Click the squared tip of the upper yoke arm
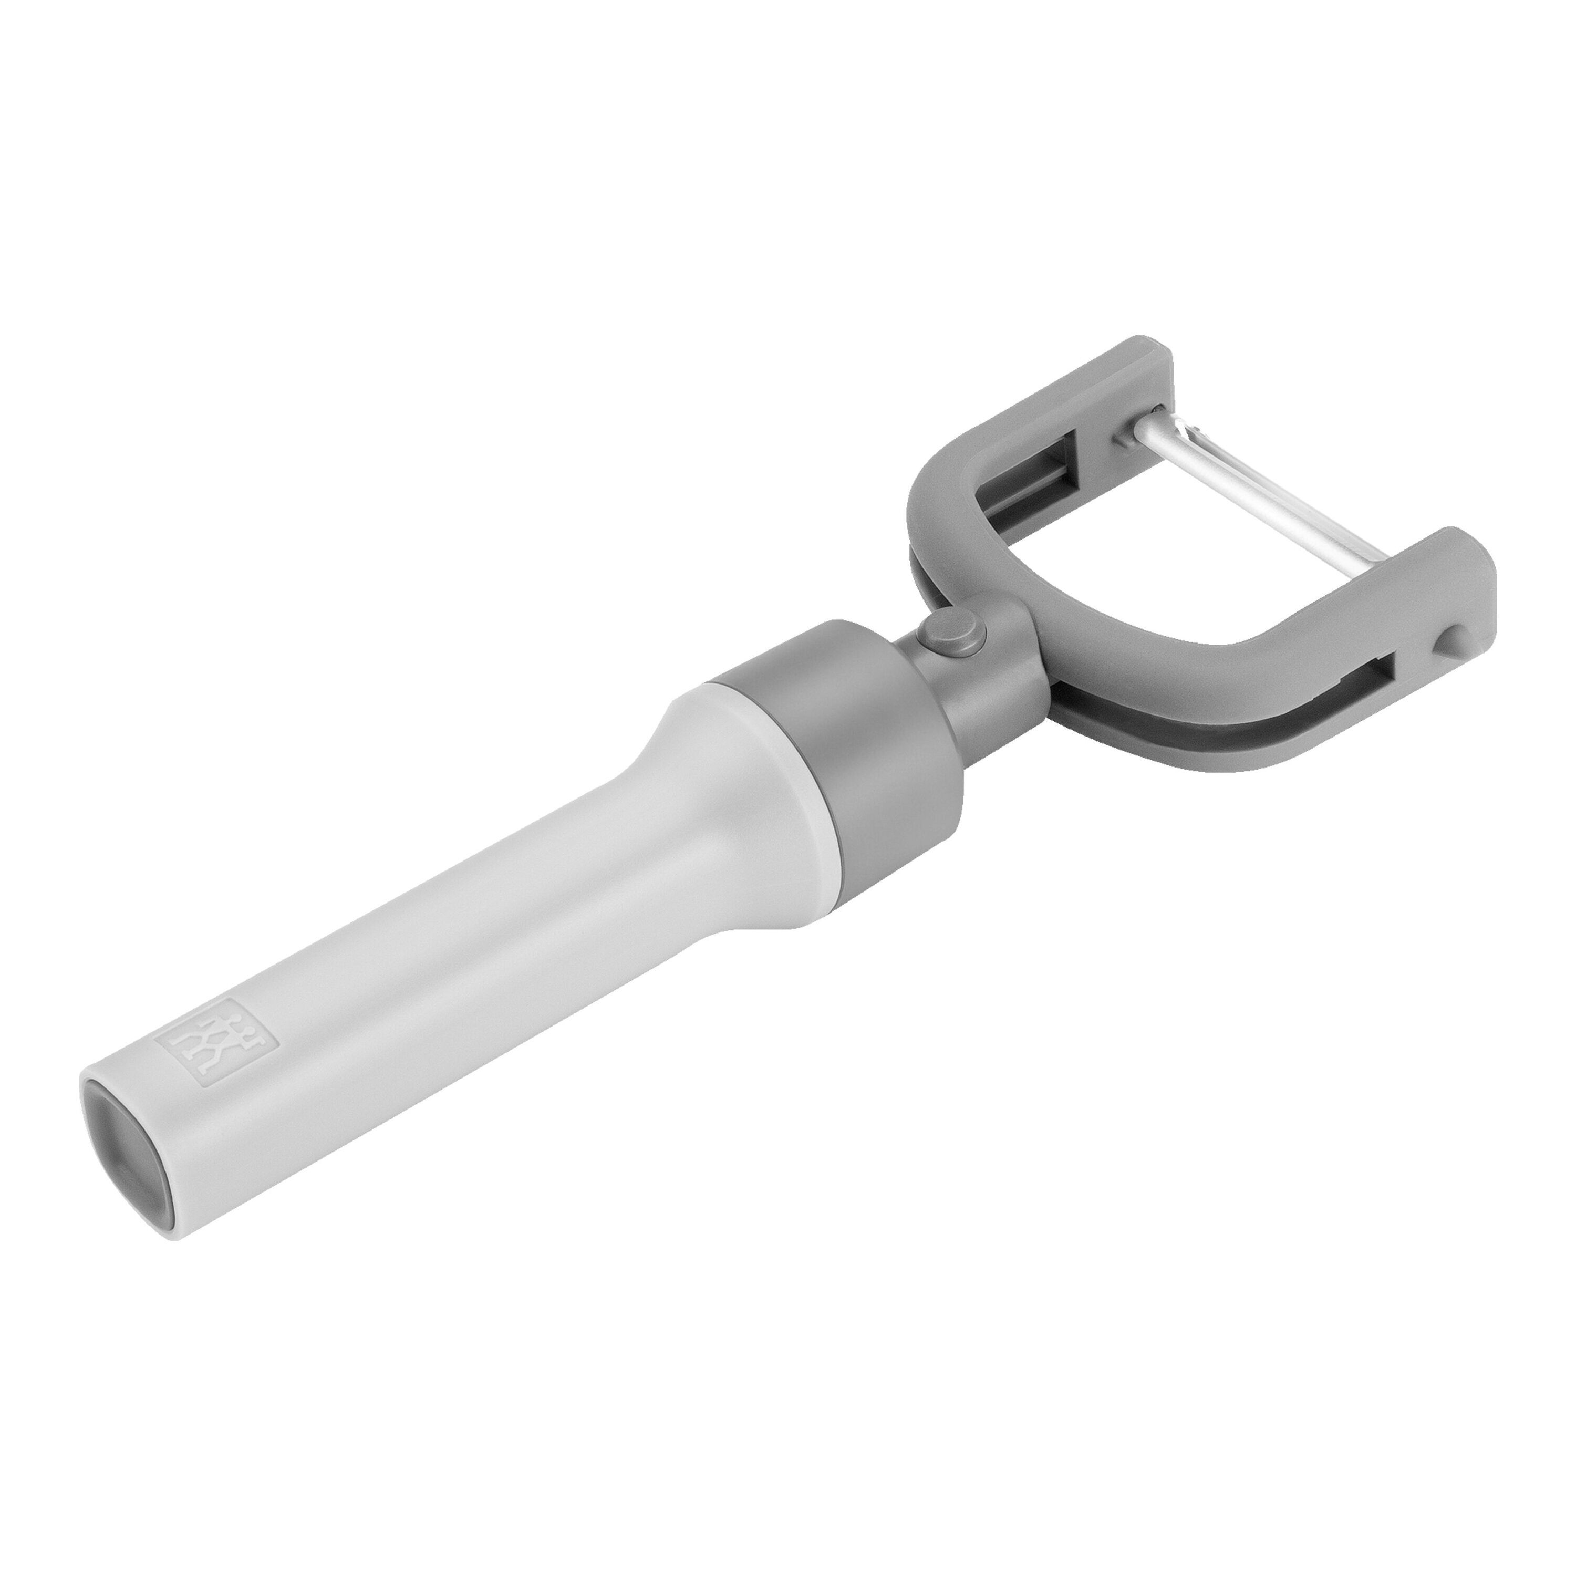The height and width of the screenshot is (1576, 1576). pyautogui.click(x=1138, y=359)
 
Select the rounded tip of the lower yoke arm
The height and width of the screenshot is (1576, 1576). pyautogui.click(x=1468, y=563)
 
